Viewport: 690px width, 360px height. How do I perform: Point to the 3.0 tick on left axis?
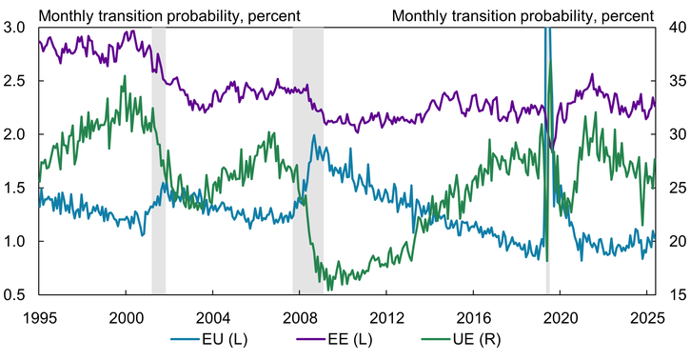(16, 28)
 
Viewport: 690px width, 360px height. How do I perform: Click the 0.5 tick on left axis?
(16, 295)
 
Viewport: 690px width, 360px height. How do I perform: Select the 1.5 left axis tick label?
(16, 189)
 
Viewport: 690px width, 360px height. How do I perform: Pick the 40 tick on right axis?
(673, 28)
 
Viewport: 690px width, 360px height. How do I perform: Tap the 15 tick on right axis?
(673, 295)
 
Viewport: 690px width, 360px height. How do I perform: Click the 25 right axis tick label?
(673, 189)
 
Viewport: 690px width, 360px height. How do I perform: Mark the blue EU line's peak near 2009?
(314, 136)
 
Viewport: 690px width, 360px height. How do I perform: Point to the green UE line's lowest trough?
(329, 289)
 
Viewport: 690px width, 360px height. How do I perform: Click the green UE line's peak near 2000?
(124, 77)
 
